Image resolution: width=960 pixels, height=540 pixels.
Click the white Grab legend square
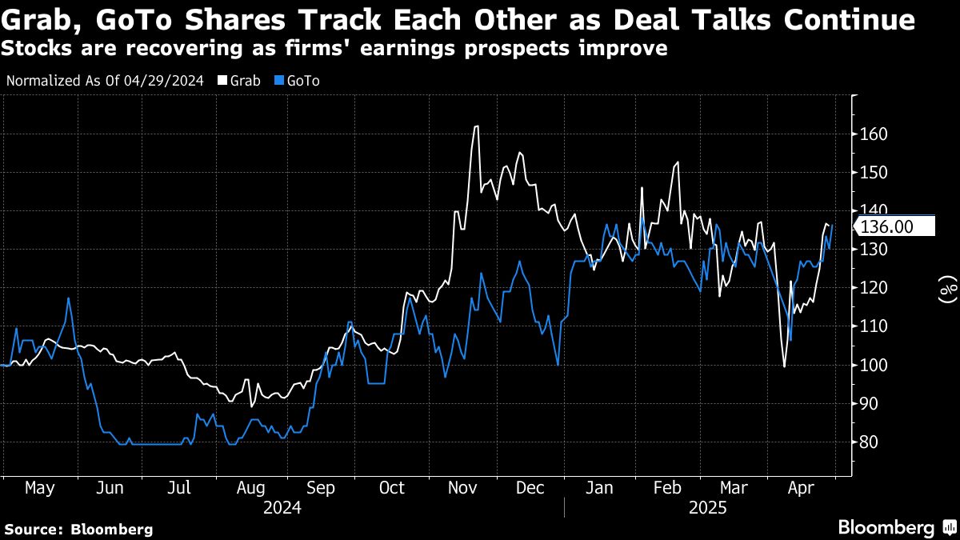pos(222,82)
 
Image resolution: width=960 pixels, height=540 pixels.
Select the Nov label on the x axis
pos(462,487)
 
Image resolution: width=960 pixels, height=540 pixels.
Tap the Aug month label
pos(251,487)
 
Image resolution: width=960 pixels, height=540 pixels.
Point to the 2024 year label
pos(282,507)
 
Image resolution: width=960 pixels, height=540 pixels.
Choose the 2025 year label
pos(706,507)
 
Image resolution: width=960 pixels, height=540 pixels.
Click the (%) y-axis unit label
pos(947,289)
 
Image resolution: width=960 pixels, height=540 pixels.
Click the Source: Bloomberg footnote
pos(78,529)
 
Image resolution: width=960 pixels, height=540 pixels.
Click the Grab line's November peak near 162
pos(477,126)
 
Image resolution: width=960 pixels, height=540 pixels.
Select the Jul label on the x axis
pos(181,487)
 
